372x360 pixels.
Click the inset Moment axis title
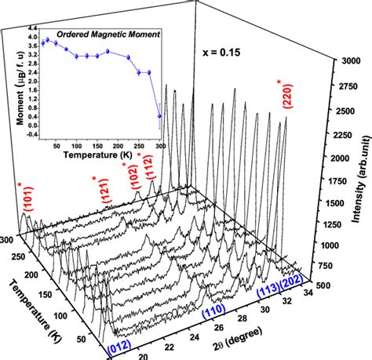click(11, 88)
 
